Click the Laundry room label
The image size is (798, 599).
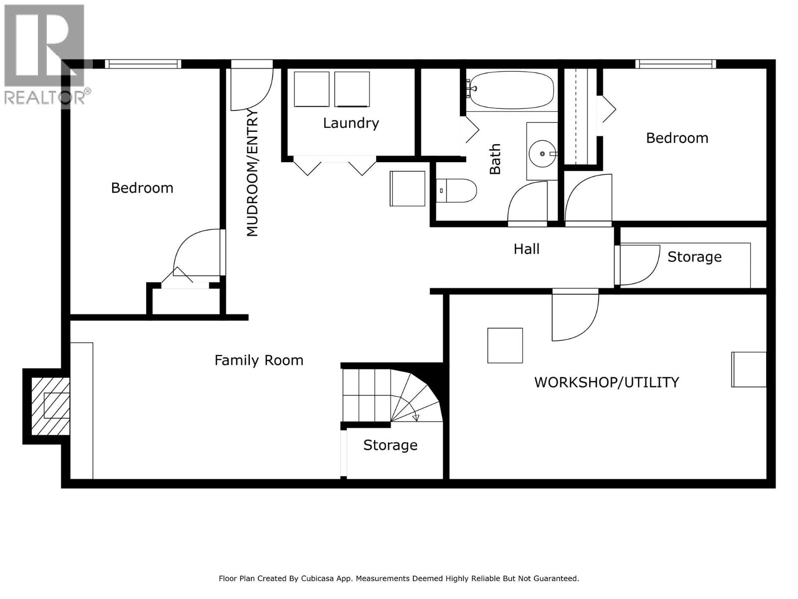click(351, 123)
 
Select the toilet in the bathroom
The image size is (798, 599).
click(456, 191)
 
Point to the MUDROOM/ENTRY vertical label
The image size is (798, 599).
click(252, 173)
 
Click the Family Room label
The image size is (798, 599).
click(258, 360)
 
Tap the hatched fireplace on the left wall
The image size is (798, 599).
click(50, 405)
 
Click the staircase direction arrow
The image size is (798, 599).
click(416, 417)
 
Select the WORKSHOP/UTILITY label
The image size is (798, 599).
click(606, 382)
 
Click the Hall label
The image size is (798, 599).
click(526, 249)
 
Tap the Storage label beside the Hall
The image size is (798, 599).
click(694, 257)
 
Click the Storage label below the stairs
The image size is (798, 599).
click(390, 445)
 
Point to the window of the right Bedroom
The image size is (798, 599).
click(675, 64)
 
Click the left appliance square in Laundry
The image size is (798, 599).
click(312, 89)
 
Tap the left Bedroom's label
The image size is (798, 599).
click(142, 188)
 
